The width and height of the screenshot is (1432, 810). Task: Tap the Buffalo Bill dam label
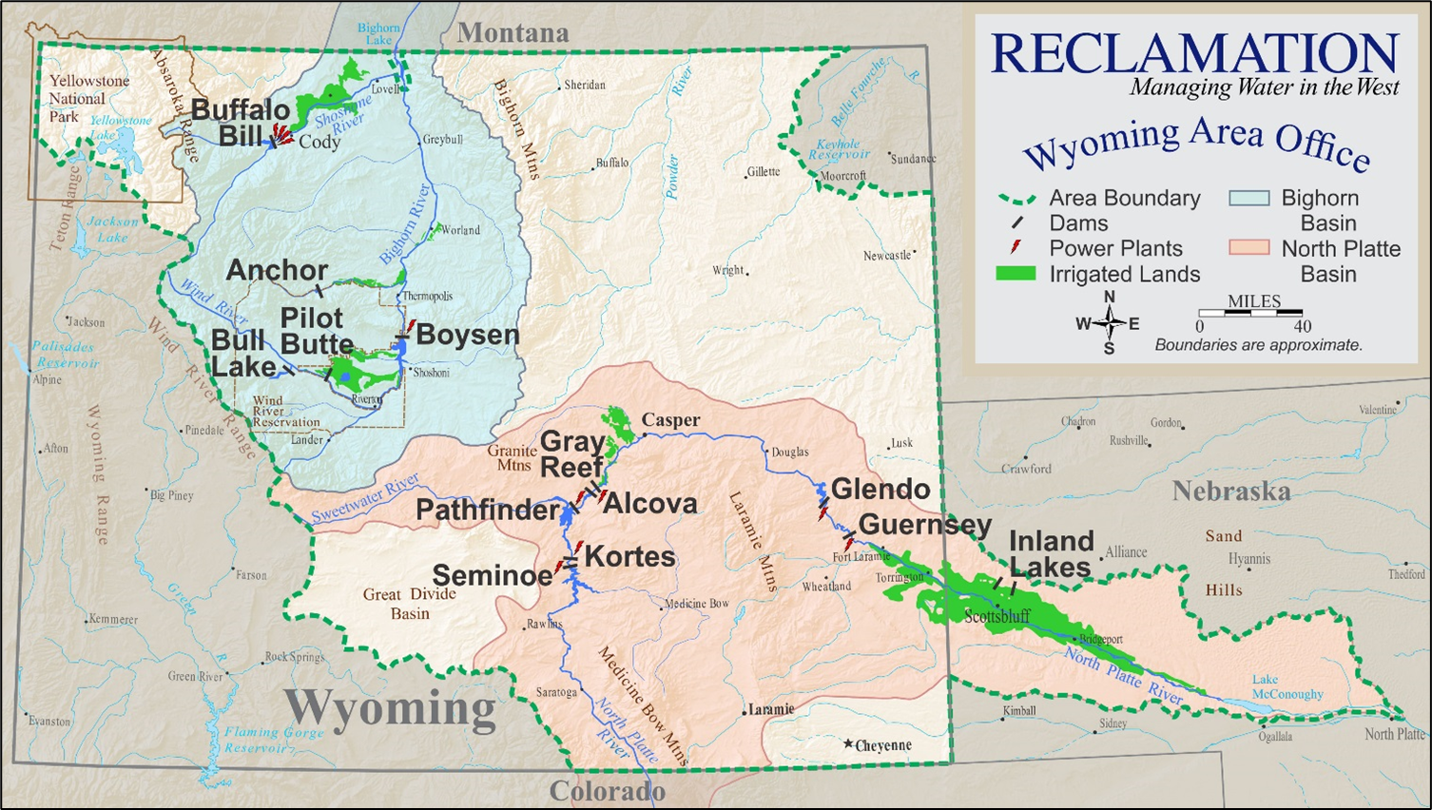click(240, 123)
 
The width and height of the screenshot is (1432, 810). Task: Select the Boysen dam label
click(468, 335)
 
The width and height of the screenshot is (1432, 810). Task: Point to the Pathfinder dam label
click(487, 511)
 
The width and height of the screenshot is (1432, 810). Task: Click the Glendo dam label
click(880, 490)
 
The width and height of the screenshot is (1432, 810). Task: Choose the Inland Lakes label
click(1051, 554)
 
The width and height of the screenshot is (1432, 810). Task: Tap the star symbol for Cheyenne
click(848, 743)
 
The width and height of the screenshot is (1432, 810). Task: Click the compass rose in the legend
click(1109, 323)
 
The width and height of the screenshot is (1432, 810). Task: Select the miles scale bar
click(1250, 312)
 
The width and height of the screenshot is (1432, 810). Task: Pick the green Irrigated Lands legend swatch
click(1015, 274)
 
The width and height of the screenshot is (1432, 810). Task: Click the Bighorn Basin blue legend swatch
click(1248, 199)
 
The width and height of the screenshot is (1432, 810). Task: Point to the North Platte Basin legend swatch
click(1248, 248)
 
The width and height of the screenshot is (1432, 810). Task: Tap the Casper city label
click(670, 420)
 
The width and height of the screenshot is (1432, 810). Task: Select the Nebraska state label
click(1230, 492)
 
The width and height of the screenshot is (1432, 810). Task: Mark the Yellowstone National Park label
click(88, 99)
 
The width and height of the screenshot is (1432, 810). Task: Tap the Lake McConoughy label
click(1287, 686)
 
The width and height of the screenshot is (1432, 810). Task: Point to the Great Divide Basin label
click(410, 604)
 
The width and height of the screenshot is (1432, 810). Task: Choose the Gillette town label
click(763, 172)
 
